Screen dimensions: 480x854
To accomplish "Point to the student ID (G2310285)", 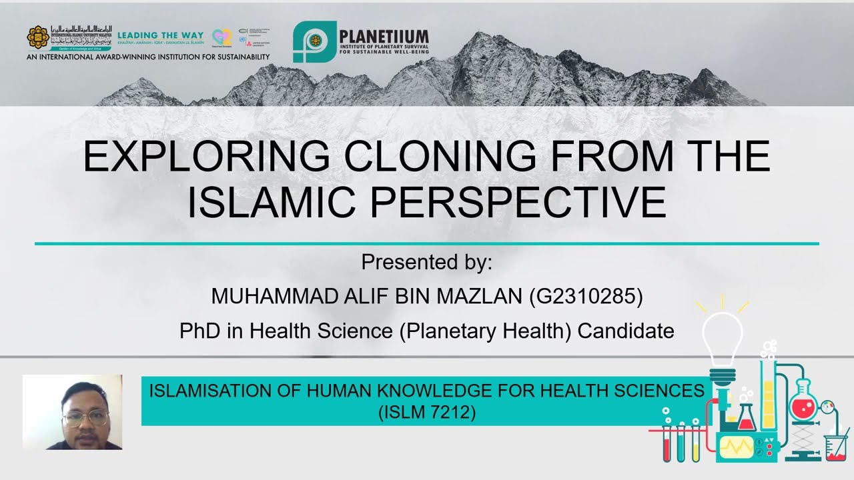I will point(586,297).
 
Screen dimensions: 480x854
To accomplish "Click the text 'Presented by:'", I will point(426,262).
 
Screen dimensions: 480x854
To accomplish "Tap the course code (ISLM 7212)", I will point(426,413).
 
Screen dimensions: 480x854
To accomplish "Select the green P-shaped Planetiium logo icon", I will point(310,41).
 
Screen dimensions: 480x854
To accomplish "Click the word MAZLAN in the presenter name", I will point(482,297).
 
